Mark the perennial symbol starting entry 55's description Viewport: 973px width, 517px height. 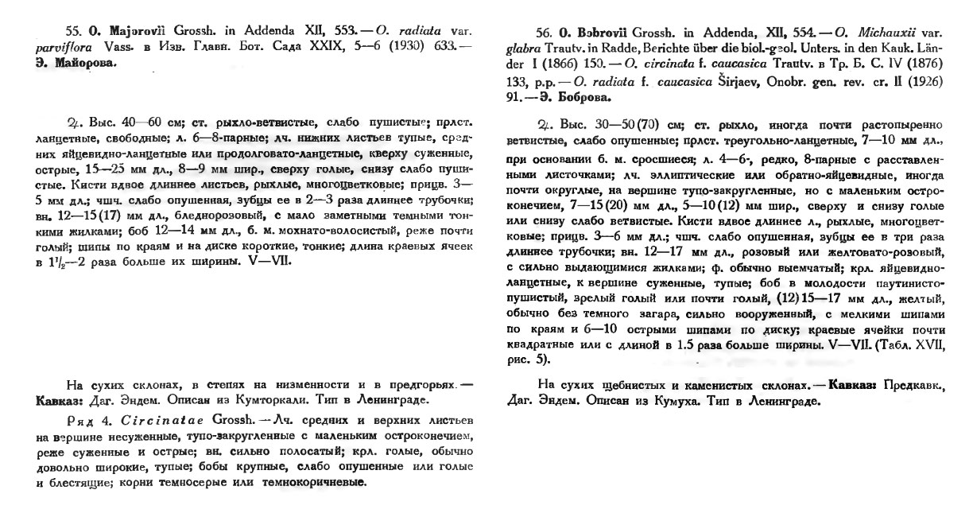tap(72, 122)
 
